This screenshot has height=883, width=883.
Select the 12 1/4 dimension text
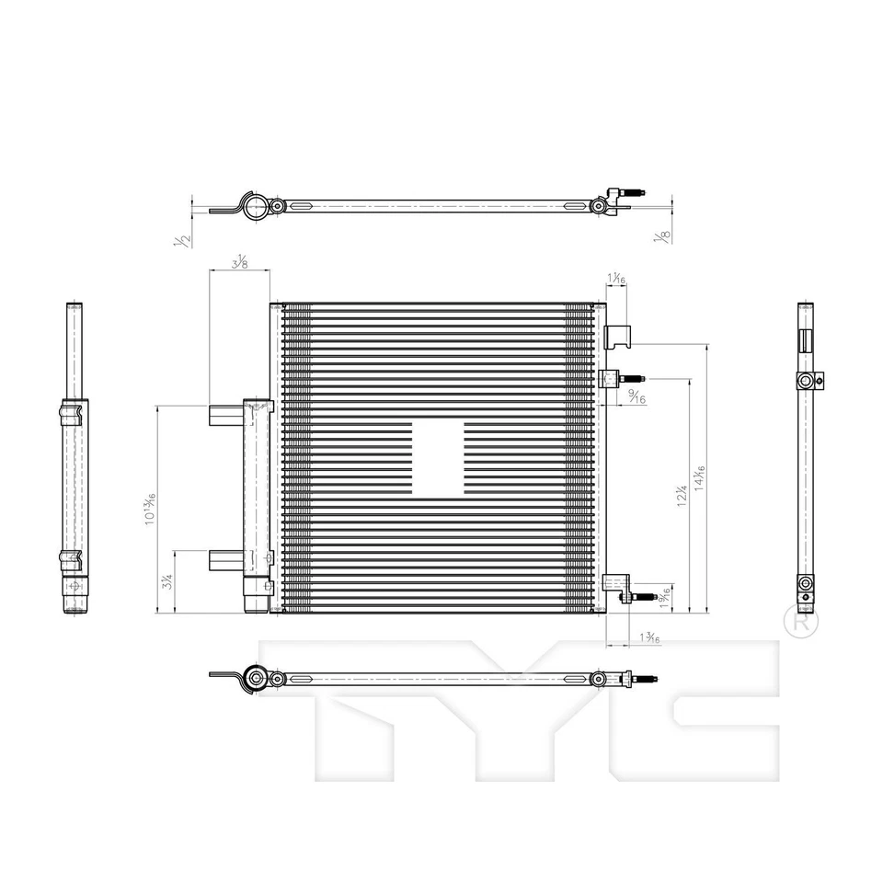[682, 496]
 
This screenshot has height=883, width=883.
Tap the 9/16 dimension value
[635, 396]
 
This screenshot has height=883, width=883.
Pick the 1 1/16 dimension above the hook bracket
[616, 278]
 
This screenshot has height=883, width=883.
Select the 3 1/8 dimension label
[240, 262]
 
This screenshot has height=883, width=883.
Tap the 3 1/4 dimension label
[166, 581]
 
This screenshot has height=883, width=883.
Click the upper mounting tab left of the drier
[225, 416]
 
